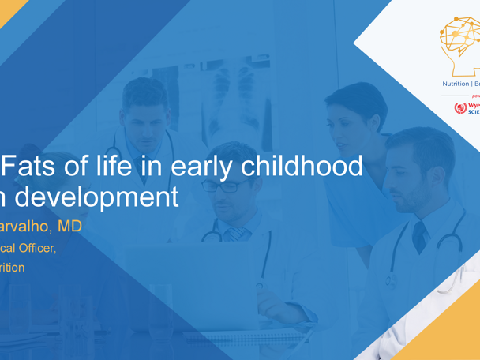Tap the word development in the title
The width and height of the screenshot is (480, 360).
(99, 197)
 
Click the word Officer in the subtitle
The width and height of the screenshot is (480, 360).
(36, 247)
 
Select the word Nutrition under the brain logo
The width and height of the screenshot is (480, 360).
(455, 83)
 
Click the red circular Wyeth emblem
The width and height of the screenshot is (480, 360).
(459, 107)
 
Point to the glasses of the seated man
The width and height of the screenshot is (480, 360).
(223, 186)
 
